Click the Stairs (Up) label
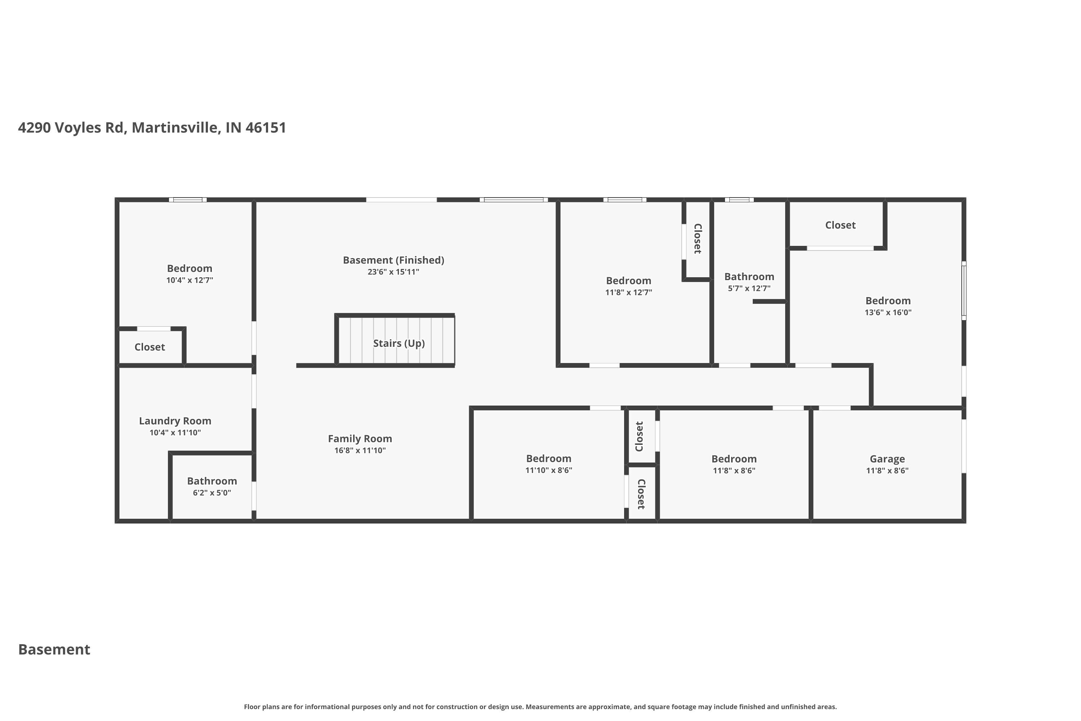pos(399,344)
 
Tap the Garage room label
pos(887,459)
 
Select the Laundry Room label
pos(175,421)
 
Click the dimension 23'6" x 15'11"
pos(393,272)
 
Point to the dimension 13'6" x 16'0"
pos(888,312)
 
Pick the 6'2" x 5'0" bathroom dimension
pos(212,492)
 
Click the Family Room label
pos(360,439)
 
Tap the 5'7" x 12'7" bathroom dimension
pos(749,288)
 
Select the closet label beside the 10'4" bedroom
pos(150,347)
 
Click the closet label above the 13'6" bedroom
pos(840,225)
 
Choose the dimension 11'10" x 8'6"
pos(548,470)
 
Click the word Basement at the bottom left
pos(54,649)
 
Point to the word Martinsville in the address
pos(175,127)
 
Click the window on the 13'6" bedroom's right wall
pos(964,291)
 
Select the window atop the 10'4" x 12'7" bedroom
pos(187,200)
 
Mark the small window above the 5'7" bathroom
pos(739,200)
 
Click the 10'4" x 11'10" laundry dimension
pos(175,432)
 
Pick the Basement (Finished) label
pos(393,260)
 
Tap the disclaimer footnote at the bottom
pos(540,707)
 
